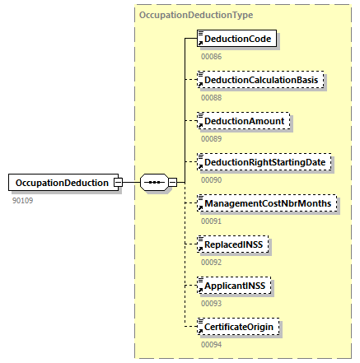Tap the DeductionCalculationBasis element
pos(262,80)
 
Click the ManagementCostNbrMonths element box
pos(268,203)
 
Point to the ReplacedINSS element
pos(236,244)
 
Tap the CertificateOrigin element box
pos(240,327)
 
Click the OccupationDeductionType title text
pos(196,15)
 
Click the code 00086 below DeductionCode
pos(212,57)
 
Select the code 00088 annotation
pos(212,98)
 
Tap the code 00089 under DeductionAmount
pos(212,139)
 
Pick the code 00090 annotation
pos(212,180)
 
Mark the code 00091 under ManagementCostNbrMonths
pos(212,221)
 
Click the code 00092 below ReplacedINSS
pos(212,263)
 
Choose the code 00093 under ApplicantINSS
pos(212,304)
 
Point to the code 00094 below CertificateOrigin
pos(212,345)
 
